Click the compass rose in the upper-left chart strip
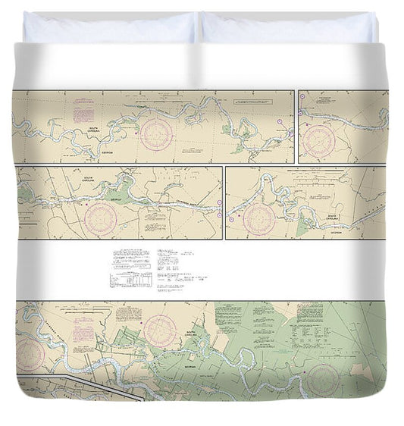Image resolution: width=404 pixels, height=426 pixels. [156, 134]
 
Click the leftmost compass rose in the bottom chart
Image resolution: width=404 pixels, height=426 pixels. [30, 353]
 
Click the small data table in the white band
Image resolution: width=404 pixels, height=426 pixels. [130, 280]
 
